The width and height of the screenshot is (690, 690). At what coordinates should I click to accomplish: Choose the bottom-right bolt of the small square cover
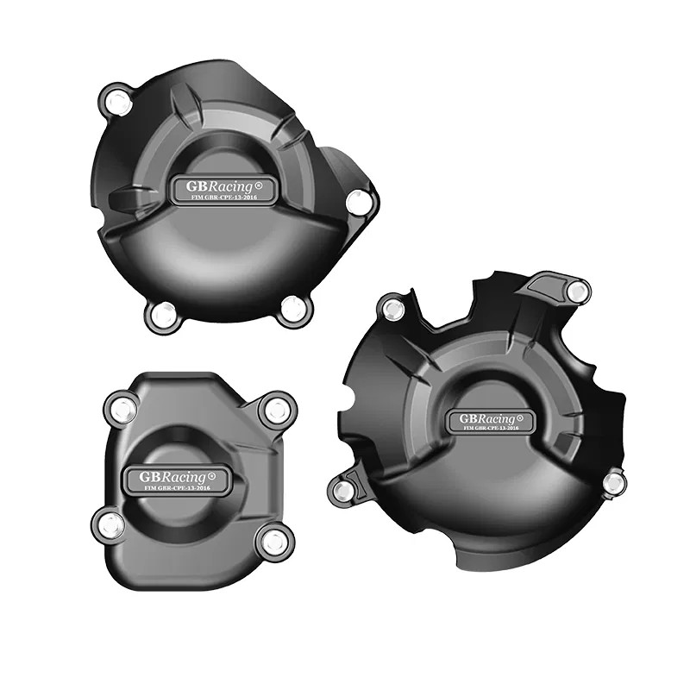click(274, 543)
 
